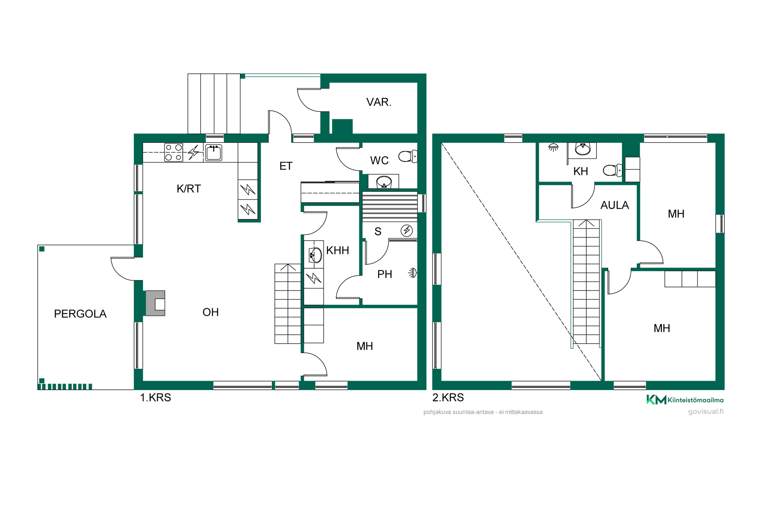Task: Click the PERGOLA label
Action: point(80,314)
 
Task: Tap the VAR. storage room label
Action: point(379,102)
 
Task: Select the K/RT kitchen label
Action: point(189,189)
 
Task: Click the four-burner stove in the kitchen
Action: point(173,152)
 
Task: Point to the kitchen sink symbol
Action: point(214,153)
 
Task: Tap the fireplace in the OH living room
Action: point(155,303)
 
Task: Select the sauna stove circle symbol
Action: point(407,230)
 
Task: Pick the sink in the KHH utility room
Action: point(315,255)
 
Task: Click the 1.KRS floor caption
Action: point(156,398)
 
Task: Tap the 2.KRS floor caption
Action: point(448,398)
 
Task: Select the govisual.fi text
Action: point(706,412)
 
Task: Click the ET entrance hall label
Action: point(286,166)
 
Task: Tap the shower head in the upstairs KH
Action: point(553,147)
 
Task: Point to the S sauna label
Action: point(378,232)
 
